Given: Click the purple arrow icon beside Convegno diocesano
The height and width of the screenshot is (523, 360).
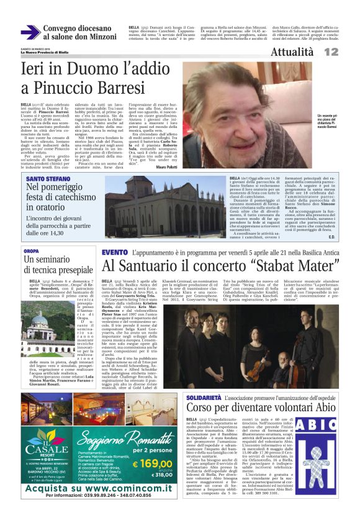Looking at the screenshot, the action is pyautogui.click(x=30, y=32).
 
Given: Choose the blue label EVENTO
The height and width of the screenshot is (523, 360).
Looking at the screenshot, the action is pyautogui.click(x=114, y=252).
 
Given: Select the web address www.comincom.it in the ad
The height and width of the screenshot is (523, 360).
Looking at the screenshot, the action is pyautogui.click(x=125, y=488).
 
